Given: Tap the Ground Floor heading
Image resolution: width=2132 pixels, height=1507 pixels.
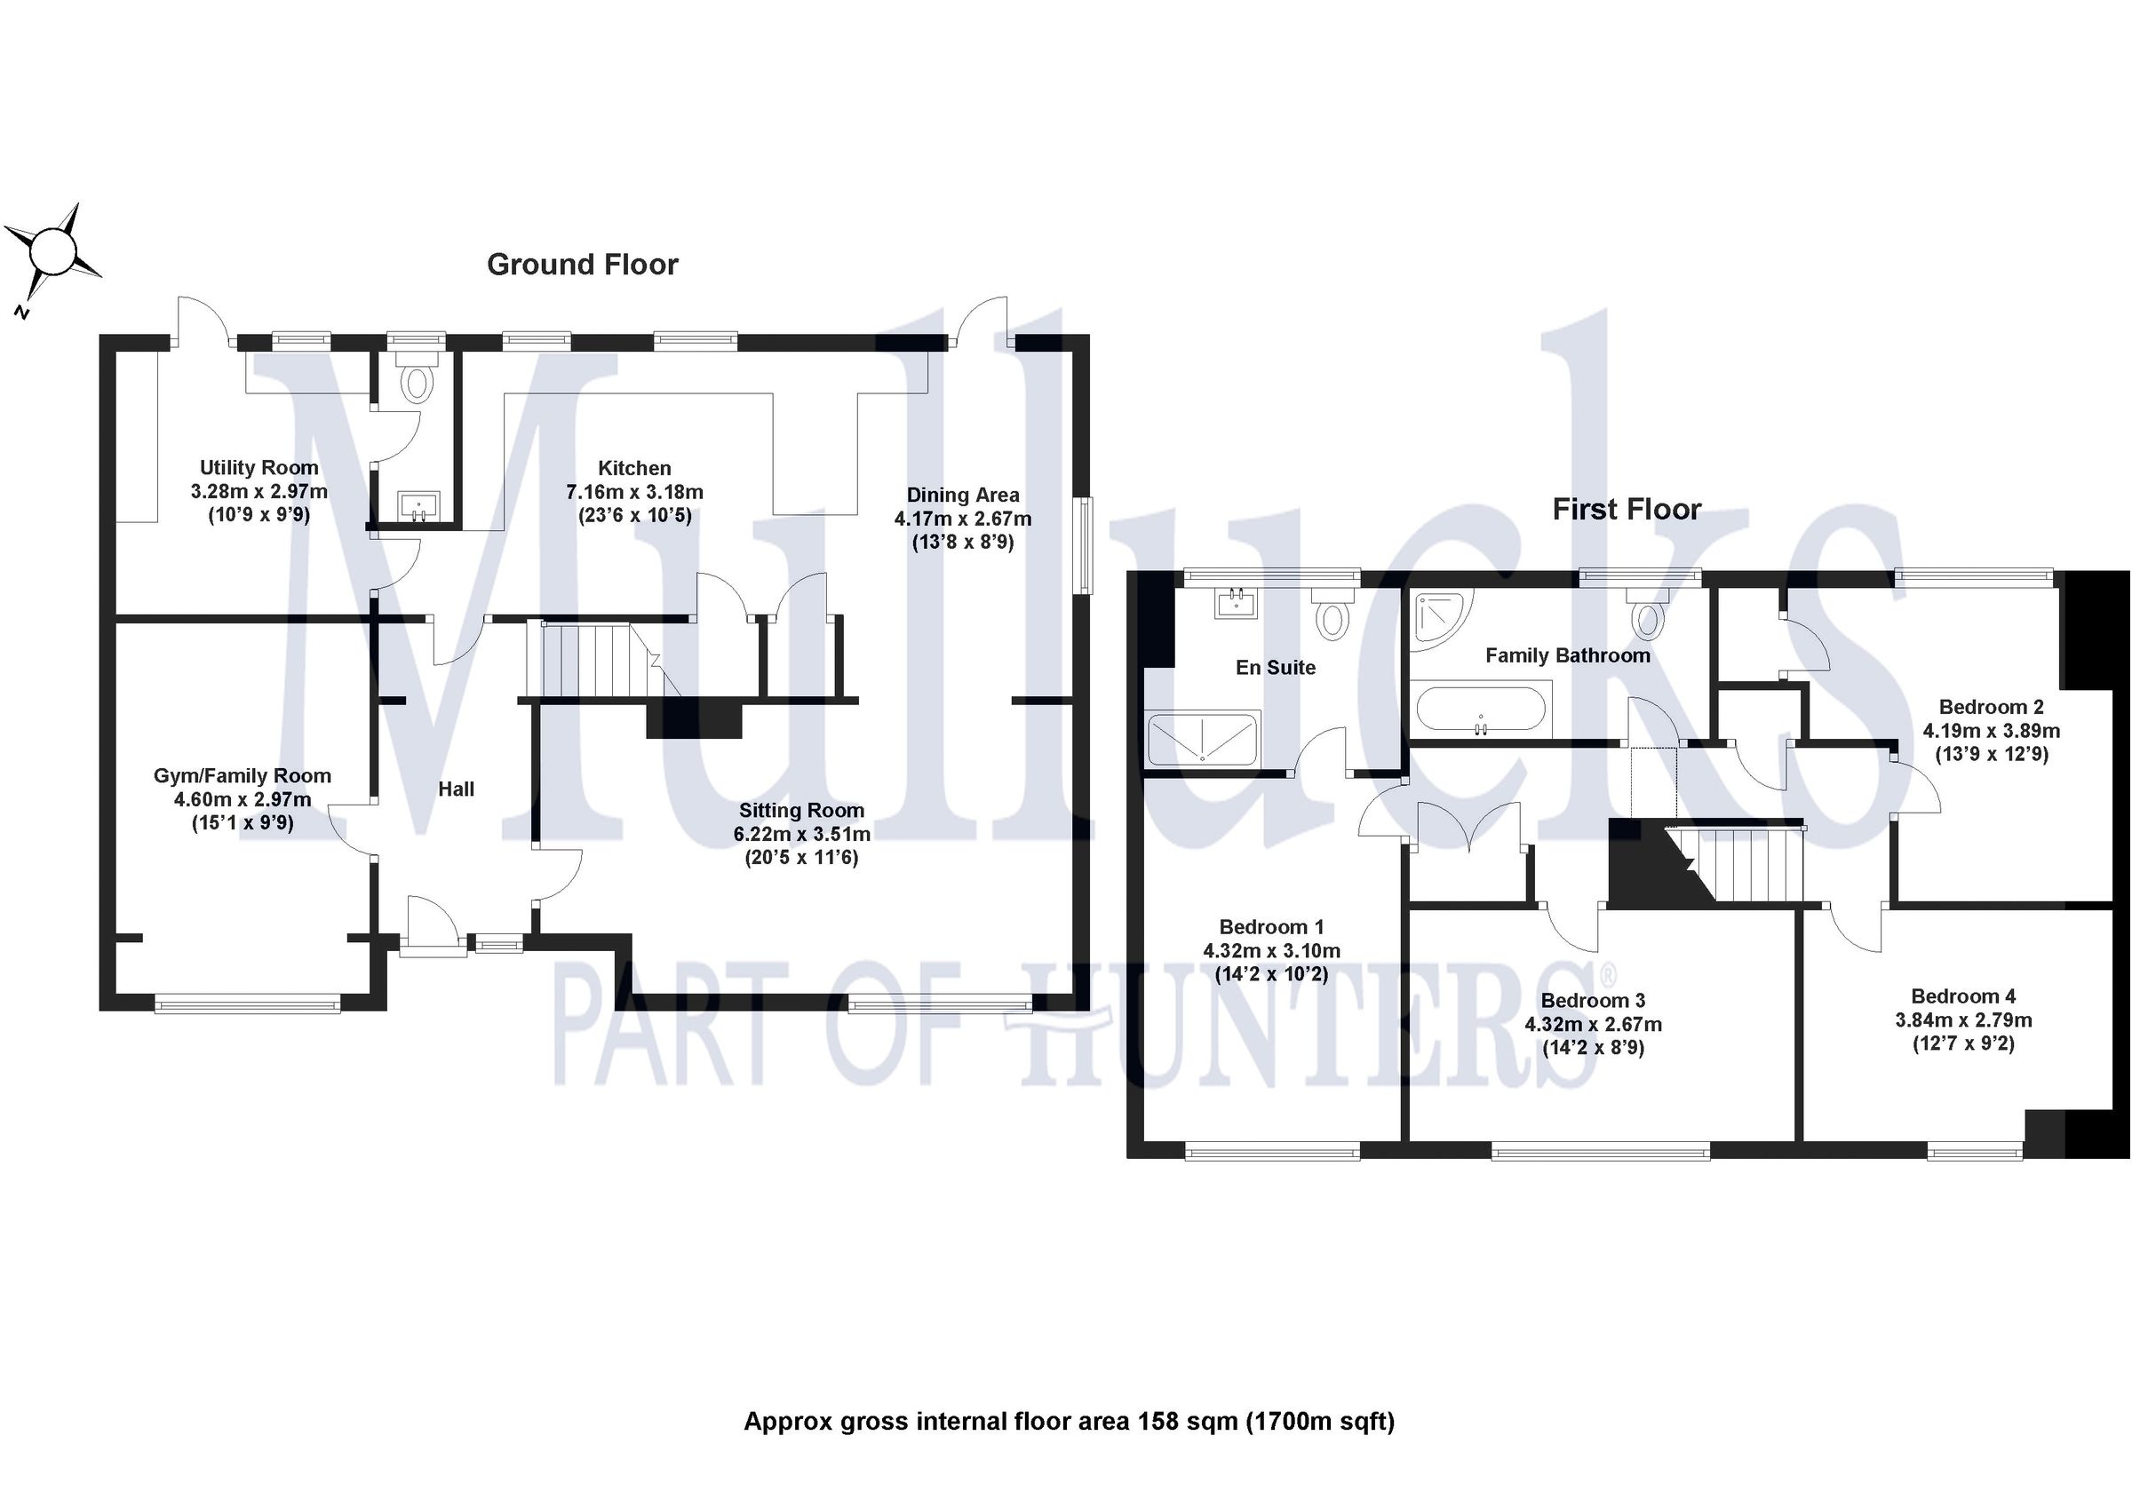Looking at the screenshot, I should tap(582, 266).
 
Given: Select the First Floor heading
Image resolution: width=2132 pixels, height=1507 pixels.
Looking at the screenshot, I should tap(1626, 509).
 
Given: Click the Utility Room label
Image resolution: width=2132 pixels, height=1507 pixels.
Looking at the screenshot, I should tap(259, 468).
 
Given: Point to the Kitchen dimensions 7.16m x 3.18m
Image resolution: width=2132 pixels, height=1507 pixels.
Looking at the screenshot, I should tap(634, 492).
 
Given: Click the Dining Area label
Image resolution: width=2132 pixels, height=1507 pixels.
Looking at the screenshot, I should tap(963, 496).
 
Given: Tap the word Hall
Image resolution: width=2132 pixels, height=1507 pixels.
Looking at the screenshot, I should tap(456, 789).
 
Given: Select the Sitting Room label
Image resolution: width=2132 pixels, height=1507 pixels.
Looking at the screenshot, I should tap(801, 811).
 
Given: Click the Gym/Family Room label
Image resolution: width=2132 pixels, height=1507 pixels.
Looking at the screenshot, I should tap(243, 776).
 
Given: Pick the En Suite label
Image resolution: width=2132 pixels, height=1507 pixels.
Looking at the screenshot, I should tap(1275, 668).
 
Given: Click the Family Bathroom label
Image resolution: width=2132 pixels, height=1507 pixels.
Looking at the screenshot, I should tap(1567, 656).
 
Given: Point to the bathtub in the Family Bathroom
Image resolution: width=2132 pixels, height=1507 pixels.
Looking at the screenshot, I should tap(1480, 711).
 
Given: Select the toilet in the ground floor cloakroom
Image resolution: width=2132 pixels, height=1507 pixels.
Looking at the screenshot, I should tap(417, 382).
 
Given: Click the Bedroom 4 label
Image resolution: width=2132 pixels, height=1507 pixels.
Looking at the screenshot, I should tap(1963, 996).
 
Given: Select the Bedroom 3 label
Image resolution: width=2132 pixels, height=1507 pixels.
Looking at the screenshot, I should tap(1593, 1001).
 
